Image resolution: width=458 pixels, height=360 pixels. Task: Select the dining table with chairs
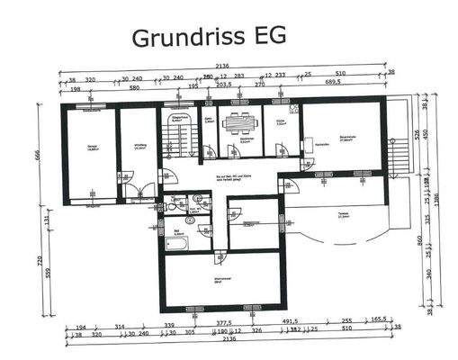pos(238,124)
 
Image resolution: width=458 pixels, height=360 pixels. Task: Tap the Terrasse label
pos(342,214)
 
